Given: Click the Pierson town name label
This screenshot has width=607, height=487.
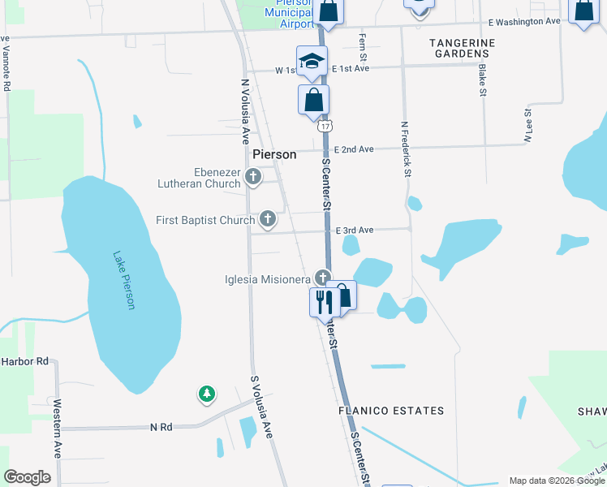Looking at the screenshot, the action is [x=274, y=153].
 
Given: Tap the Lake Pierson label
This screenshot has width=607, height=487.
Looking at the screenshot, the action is [x=124, y=279].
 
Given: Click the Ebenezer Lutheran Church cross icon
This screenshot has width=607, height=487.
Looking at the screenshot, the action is [x=252, y=177].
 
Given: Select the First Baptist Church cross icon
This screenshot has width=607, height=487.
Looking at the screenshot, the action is [x=267, y=219].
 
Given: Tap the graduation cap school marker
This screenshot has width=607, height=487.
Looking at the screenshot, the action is [x=312, y=62].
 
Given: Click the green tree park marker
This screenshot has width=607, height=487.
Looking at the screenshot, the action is [x=207, y=394].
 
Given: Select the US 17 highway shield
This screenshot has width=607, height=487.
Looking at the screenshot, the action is [x=325, y=127].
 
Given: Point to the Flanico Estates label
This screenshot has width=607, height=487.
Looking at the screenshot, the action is [x=391, y=411].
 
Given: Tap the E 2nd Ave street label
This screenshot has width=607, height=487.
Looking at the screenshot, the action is [x=355, y=149].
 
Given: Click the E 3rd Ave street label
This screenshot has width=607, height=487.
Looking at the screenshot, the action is [x=355, y=231].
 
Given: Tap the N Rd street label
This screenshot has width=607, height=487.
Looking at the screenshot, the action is [x=161, y=426].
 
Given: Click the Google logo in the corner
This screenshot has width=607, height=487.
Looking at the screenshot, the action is [x=27, y=477].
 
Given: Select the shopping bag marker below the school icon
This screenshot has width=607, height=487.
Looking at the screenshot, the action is [x=314, y=100].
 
